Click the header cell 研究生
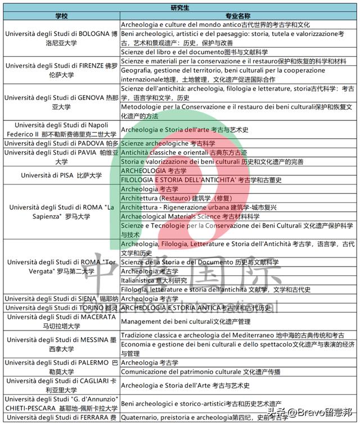coord(179,7)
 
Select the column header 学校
coord(61,16)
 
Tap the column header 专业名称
coord(239,16)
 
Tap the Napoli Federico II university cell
coord(61,130)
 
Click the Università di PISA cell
coord(61,175)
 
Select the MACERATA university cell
coord(61,321)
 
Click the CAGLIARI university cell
coord(61,385)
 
